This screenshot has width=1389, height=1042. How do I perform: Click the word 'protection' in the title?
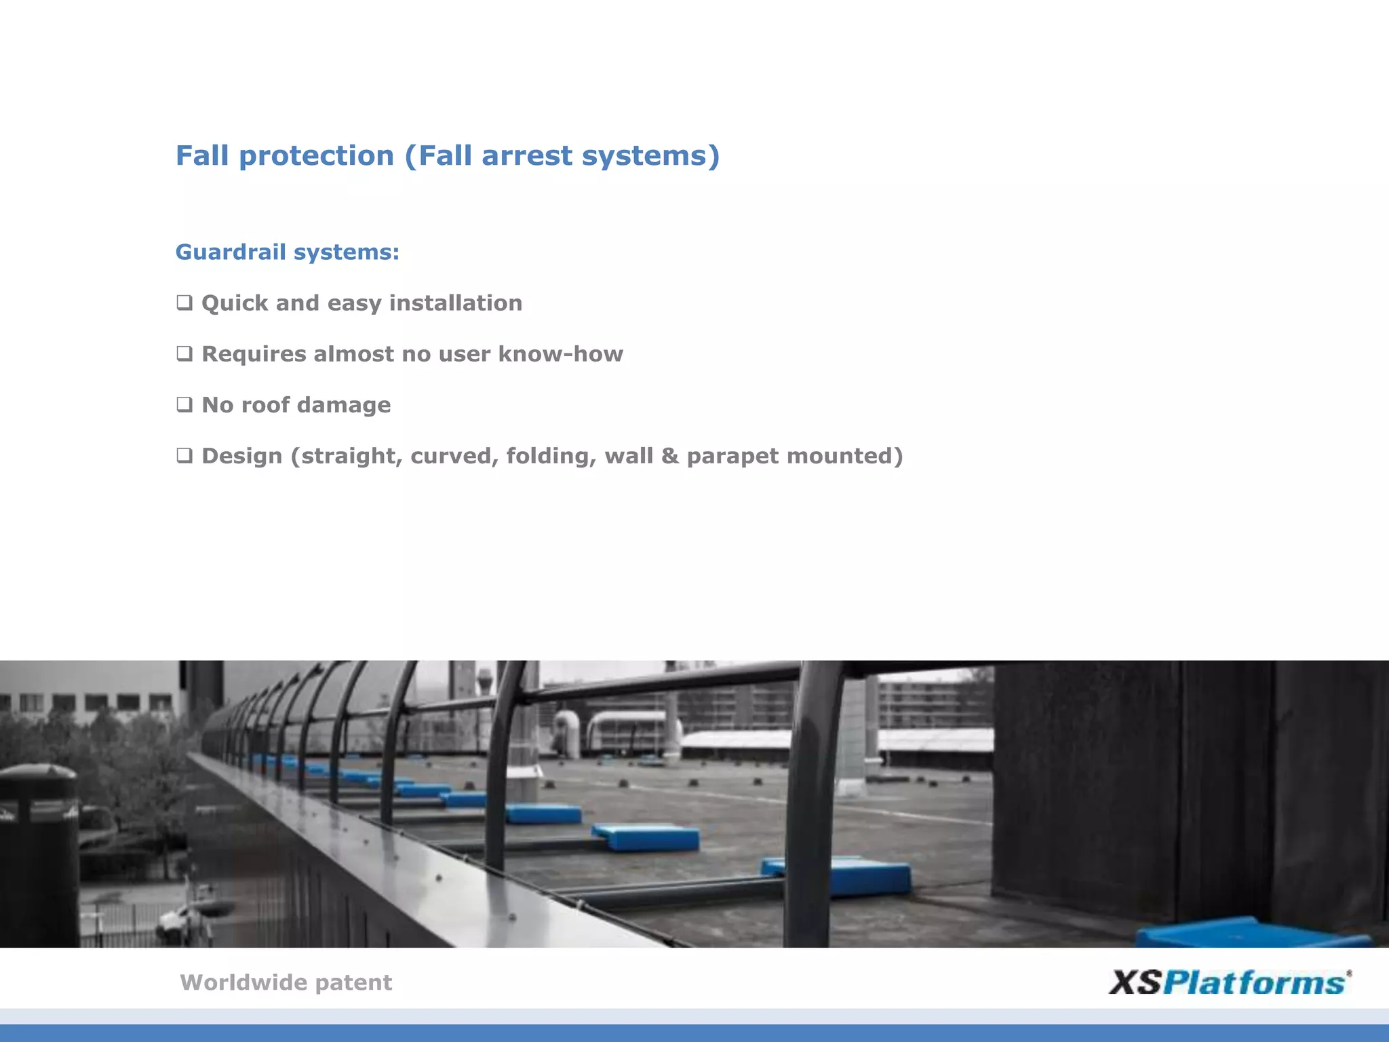click(x=316, y=156)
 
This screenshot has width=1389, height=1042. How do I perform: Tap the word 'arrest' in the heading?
click(x=526, y=156)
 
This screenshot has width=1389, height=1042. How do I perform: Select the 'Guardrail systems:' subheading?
click(x=288, y=252)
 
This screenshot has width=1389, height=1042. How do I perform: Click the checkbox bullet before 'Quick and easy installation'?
click(x=184, y=303)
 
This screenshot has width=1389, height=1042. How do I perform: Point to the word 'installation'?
click(x=455, y=303)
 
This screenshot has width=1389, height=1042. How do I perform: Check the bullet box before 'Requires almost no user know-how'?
click(x=184, y=353)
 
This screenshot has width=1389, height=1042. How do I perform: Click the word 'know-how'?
click(x=560, y=354)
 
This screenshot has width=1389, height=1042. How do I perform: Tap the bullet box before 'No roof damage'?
click(x=184, y=404)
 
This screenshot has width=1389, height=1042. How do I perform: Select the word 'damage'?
click(x=344, y=406)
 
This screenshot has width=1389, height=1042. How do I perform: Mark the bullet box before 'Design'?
click(x=184, y=455)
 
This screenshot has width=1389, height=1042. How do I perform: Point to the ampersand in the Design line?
click(x=669, y=456)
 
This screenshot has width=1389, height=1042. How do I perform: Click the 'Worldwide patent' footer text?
click(x=286, y=982)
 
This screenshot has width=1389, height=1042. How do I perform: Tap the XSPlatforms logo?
click(x=1229, y=982)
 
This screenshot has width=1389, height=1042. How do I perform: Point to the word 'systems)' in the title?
click(x=650, y=156)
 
